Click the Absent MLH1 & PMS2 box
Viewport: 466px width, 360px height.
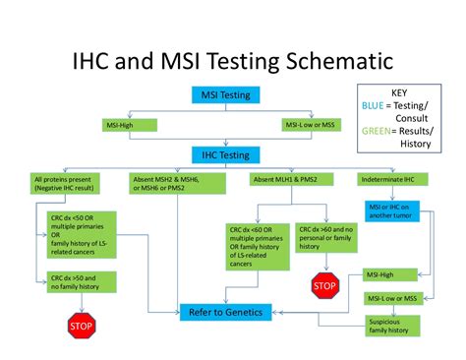[286, 180]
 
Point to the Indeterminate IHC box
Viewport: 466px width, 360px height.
[394, 180]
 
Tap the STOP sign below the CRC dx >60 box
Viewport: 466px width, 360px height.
[324, 287]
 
